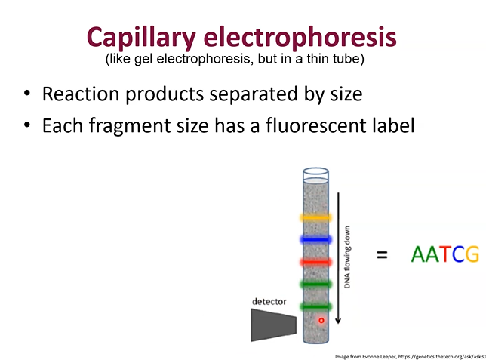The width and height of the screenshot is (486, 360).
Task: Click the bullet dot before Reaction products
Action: [x=27, y=94]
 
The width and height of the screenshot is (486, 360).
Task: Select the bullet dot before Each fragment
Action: [x=27, y=126]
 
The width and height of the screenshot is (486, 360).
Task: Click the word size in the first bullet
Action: [x=343, y=95]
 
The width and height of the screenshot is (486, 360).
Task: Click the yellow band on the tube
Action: [x=316, y=217]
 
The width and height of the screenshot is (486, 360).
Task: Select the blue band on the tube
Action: [x=316, y=239]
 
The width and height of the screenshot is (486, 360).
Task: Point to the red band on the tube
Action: [x=316, y=262]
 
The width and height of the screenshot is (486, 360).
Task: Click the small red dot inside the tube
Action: [x=321, y=320]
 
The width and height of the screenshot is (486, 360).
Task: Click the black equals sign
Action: [x=382, y=255]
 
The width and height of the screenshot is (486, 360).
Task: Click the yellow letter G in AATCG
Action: [x=472, y=255]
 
